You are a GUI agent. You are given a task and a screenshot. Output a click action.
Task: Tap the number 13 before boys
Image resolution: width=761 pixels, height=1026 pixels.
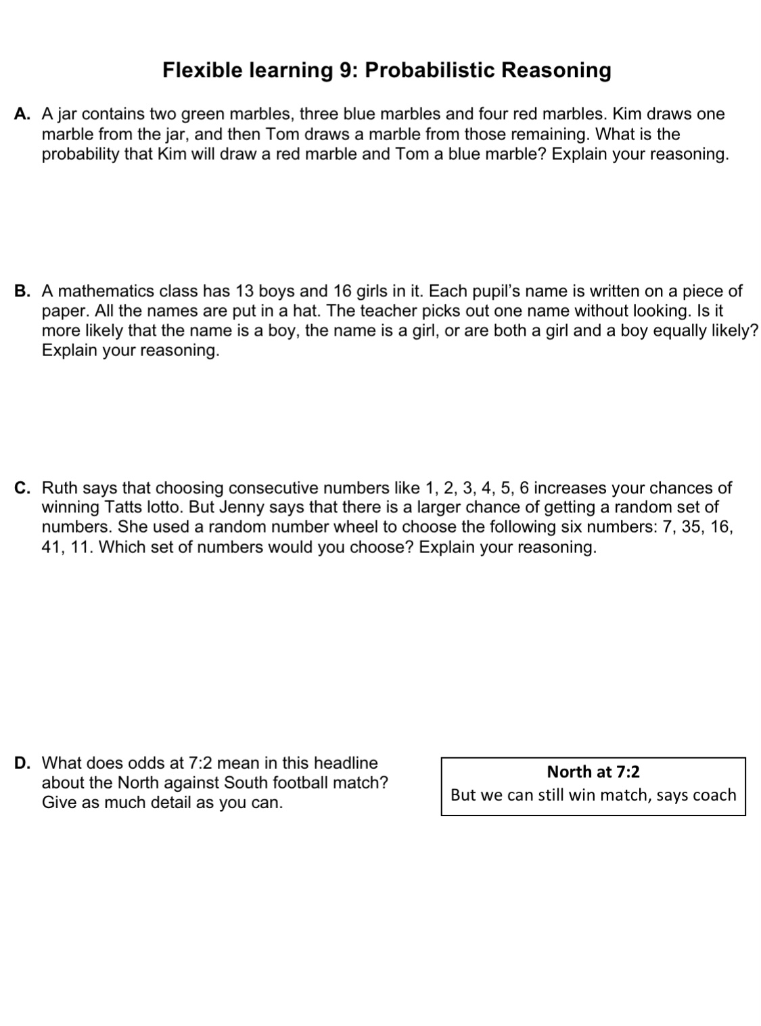pos(244,292)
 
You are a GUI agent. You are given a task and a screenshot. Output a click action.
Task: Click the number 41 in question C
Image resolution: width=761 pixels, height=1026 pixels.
pos(52,547)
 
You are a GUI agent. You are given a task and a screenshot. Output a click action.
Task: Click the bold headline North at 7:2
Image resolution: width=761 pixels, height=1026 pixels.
pos(593,772)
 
